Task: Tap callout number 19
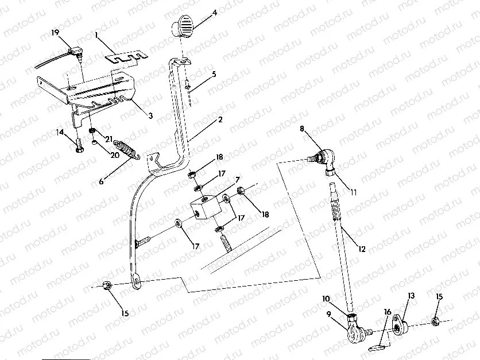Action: click(x=55, y=33)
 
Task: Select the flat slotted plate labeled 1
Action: click(x=126, y=57)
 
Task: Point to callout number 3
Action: click(x=150, y=115)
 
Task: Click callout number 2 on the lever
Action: click(x=219, y=121)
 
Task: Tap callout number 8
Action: click(x=302, y=130)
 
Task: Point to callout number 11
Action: click(x=353, y=193)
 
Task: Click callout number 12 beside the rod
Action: click(x=361, y=249)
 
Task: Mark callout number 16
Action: click(x=388, y=312)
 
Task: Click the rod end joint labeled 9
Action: click(x=354, y=332)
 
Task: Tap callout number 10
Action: click(x=326, y=299)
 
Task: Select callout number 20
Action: click(x=114, y=155)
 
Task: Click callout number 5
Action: click(x=214, y=74)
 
